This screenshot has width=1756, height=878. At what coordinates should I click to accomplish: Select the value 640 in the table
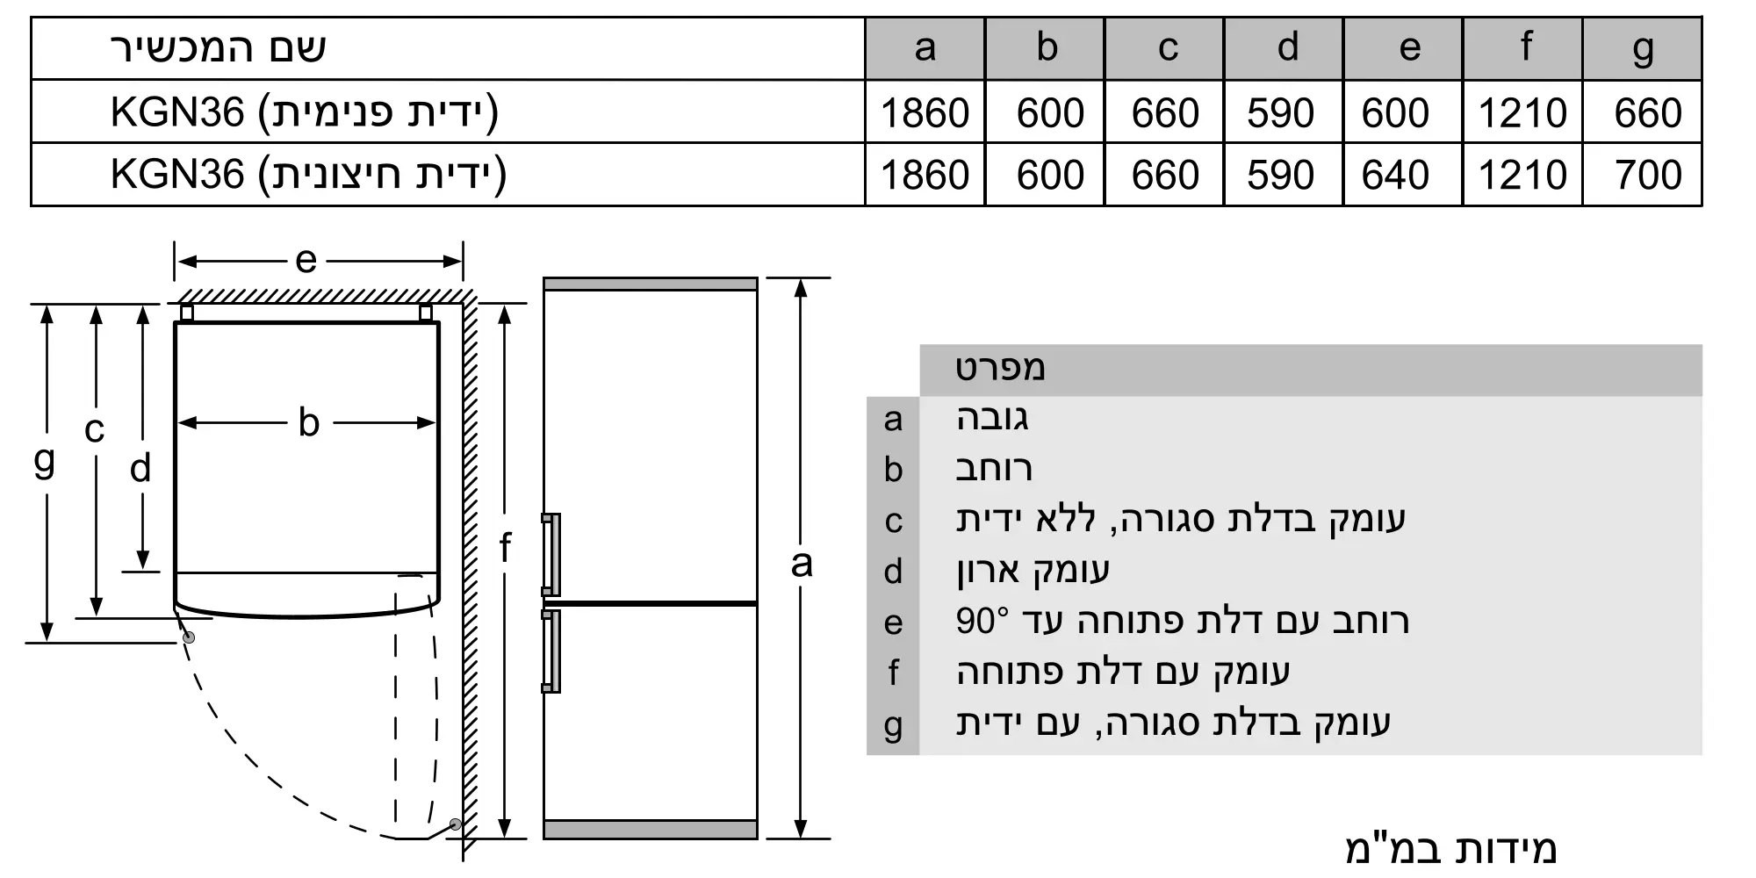tap(1396, 175)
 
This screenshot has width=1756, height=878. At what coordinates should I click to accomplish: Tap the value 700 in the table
tap(1647, 175)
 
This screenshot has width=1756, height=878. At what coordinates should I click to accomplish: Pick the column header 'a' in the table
tap(925, 47)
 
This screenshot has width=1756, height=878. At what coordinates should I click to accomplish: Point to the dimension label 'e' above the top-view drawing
tap(306, 260)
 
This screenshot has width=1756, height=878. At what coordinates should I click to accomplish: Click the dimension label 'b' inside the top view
tap(308, 423)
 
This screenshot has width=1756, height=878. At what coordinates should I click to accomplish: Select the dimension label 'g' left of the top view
tap(44, 460)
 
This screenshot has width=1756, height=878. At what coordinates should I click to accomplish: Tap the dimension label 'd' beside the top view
tap(140, 469)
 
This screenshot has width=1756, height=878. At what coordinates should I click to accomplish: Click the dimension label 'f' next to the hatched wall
tap(505, 548)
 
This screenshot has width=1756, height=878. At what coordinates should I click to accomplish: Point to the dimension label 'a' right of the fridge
tap(801, 564)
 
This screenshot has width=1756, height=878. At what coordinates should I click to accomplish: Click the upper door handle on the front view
tap(551, 555)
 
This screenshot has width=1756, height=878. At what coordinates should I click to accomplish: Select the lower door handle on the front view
tap(551, 651)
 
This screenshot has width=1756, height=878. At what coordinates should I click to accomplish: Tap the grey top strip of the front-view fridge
tap(650, 284)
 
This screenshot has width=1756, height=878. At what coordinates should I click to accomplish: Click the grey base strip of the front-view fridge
tap(650, 830)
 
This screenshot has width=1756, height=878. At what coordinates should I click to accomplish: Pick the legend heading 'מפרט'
tap(1001, 369)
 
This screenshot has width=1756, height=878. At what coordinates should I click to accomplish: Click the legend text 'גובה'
tap(992, 418)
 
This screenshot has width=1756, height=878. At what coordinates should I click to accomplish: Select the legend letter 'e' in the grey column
tap(893, 623)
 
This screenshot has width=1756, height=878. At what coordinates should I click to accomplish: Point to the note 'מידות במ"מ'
tap(1450, 848)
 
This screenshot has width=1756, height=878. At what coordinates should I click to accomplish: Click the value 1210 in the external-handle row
tap(1522, 175)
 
